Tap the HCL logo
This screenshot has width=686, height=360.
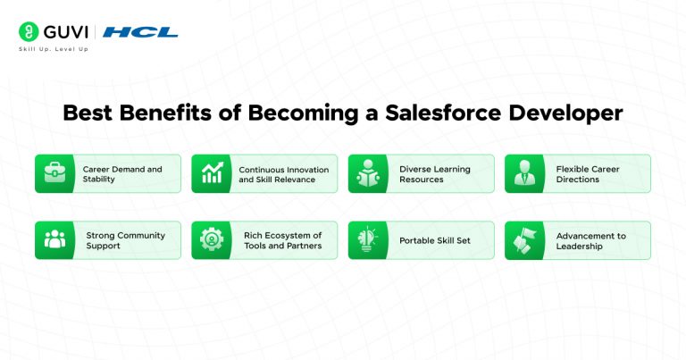coord(140,32)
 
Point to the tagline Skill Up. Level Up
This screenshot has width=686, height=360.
coord(54,49)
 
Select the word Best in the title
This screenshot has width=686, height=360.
coord(89,114)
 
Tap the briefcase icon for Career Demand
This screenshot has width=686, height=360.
coord(54,173)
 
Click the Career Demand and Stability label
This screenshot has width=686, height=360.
coord(122,173)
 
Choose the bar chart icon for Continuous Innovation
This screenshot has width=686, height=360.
coord(212,173)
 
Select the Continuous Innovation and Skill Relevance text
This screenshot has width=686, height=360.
coord(283,173)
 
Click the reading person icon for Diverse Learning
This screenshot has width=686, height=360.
coord(368,173)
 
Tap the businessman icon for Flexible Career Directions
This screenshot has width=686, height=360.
coord(524,173)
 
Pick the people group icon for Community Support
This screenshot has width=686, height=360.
coord(54,240)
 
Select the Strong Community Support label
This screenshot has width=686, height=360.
coord(125,240)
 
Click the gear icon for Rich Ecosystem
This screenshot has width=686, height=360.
coord(212,240)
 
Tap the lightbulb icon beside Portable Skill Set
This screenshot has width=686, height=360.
coord(368,240)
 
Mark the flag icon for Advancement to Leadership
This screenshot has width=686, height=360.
coord(524,240)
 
